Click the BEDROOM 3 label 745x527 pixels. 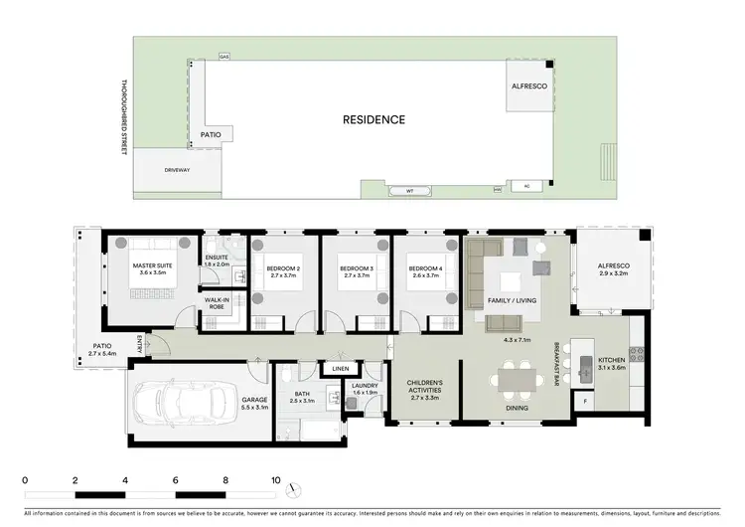pyautogui.click(x=356, y=269)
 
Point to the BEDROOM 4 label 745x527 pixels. pyautogui.click(x=426, y=269)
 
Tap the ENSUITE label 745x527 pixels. pyautogui.click(x=217, y=259)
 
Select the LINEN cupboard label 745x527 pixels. pyautogui.click(x=340, y=369)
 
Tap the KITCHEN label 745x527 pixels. pyautogui.click(x=611, y=360)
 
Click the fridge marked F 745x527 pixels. pyautogui.click(x=584, y=401)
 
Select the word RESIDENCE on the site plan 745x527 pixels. pyautogui.click(x=373, y=119)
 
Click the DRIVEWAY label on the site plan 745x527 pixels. pyautogui.click(x=177, y=170)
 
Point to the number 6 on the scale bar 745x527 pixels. pyautogui.click(x=176, y=479)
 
